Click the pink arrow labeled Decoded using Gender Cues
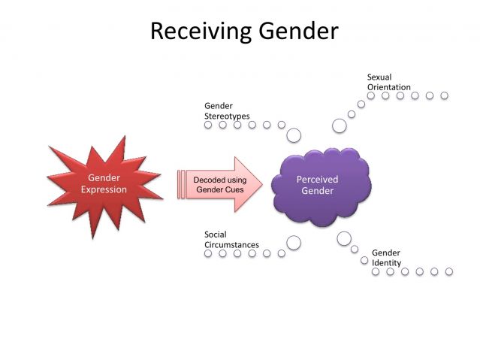coord(219,185)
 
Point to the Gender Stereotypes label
coord(227,111)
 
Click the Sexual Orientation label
coord(388,82)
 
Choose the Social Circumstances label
coord(231,240)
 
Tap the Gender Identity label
coord(386,258)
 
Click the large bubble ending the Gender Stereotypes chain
coord(294,135)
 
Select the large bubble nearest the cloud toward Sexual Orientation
coord(340,126)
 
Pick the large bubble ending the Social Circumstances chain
coord(294,242)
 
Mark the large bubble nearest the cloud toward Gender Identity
coord(344,238)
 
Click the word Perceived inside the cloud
coord(317,180)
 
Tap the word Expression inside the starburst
coord(104,189)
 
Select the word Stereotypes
coord(227,116)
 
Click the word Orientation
coord(388,87)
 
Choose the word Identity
coord(386,263)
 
